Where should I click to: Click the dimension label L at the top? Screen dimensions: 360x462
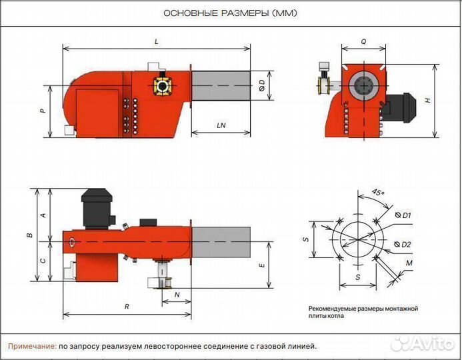click(x=156, y=41)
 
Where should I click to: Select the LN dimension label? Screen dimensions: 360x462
click(x=220, y=125)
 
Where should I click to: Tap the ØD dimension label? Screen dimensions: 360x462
click(x=262, y=85)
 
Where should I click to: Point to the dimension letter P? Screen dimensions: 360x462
click(x=43, y=111)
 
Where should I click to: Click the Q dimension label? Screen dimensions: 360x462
click(x=363, y=41)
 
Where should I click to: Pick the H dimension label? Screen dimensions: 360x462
click(x=428, y=100)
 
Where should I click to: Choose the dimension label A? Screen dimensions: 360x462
click(x=43, y=215)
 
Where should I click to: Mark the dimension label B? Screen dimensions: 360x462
click(x=29, y=235)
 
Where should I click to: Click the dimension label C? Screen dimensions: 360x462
click(x=43, y=262)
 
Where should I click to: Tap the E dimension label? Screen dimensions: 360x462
click(x=263, y=265)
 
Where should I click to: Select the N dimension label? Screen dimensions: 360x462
click(x=177, y=293)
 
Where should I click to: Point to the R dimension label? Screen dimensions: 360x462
click(x=127, y=307)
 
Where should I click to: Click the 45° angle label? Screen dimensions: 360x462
click(x=378, y=193)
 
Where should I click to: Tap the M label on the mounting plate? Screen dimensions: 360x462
click(x=409, y=264)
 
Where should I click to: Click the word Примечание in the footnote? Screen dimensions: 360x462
click(x=32, y=346)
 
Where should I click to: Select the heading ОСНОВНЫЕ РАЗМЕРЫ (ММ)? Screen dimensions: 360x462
click(x=231, y=13)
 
